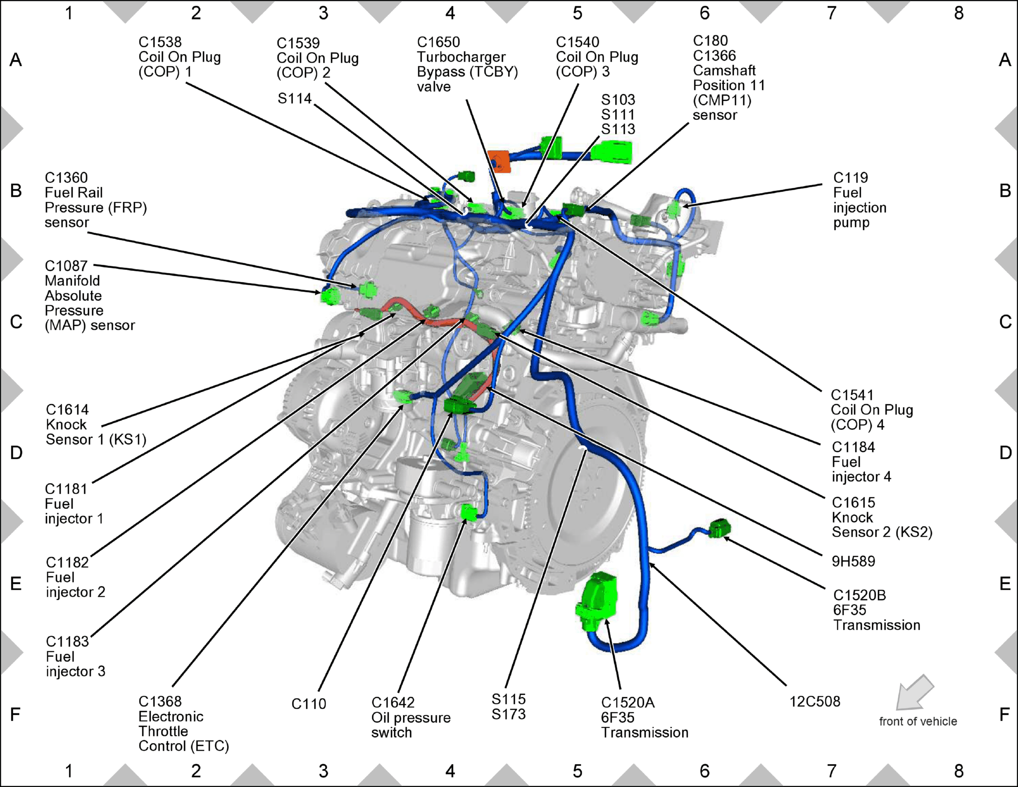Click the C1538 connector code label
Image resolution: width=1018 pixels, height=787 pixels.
pos(160,42)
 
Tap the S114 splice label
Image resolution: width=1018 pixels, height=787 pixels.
pos(294,98)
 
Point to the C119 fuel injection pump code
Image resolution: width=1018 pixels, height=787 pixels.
pos(851,178)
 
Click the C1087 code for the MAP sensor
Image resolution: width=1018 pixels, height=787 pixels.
pos(66,266)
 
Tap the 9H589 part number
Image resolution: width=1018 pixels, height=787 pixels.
pos(854,561)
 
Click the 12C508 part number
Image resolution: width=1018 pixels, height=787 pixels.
pos(815,701)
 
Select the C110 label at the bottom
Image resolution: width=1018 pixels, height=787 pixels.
pos(309,704)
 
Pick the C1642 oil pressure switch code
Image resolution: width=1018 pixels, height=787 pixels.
pos(393,702)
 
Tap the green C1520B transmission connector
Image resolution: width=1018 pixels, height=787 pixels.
pos(719,528)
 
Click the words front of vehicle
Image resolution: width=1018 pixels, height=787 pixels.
pos(918,721)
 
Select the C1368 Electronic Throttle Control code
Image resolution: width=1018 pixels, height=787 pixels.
pos(160,701)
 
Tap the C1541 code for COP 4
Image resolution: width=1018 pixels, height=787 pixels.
pos(852,395)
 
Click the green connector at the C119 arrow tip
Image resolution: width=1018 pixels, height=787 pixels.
pos(674,208)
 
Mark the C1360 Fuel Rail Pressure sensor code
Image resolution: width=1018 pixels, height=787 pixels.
pos(66,178)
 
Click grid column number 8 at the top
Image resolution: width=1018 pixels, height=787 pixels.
pos(959,13)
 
